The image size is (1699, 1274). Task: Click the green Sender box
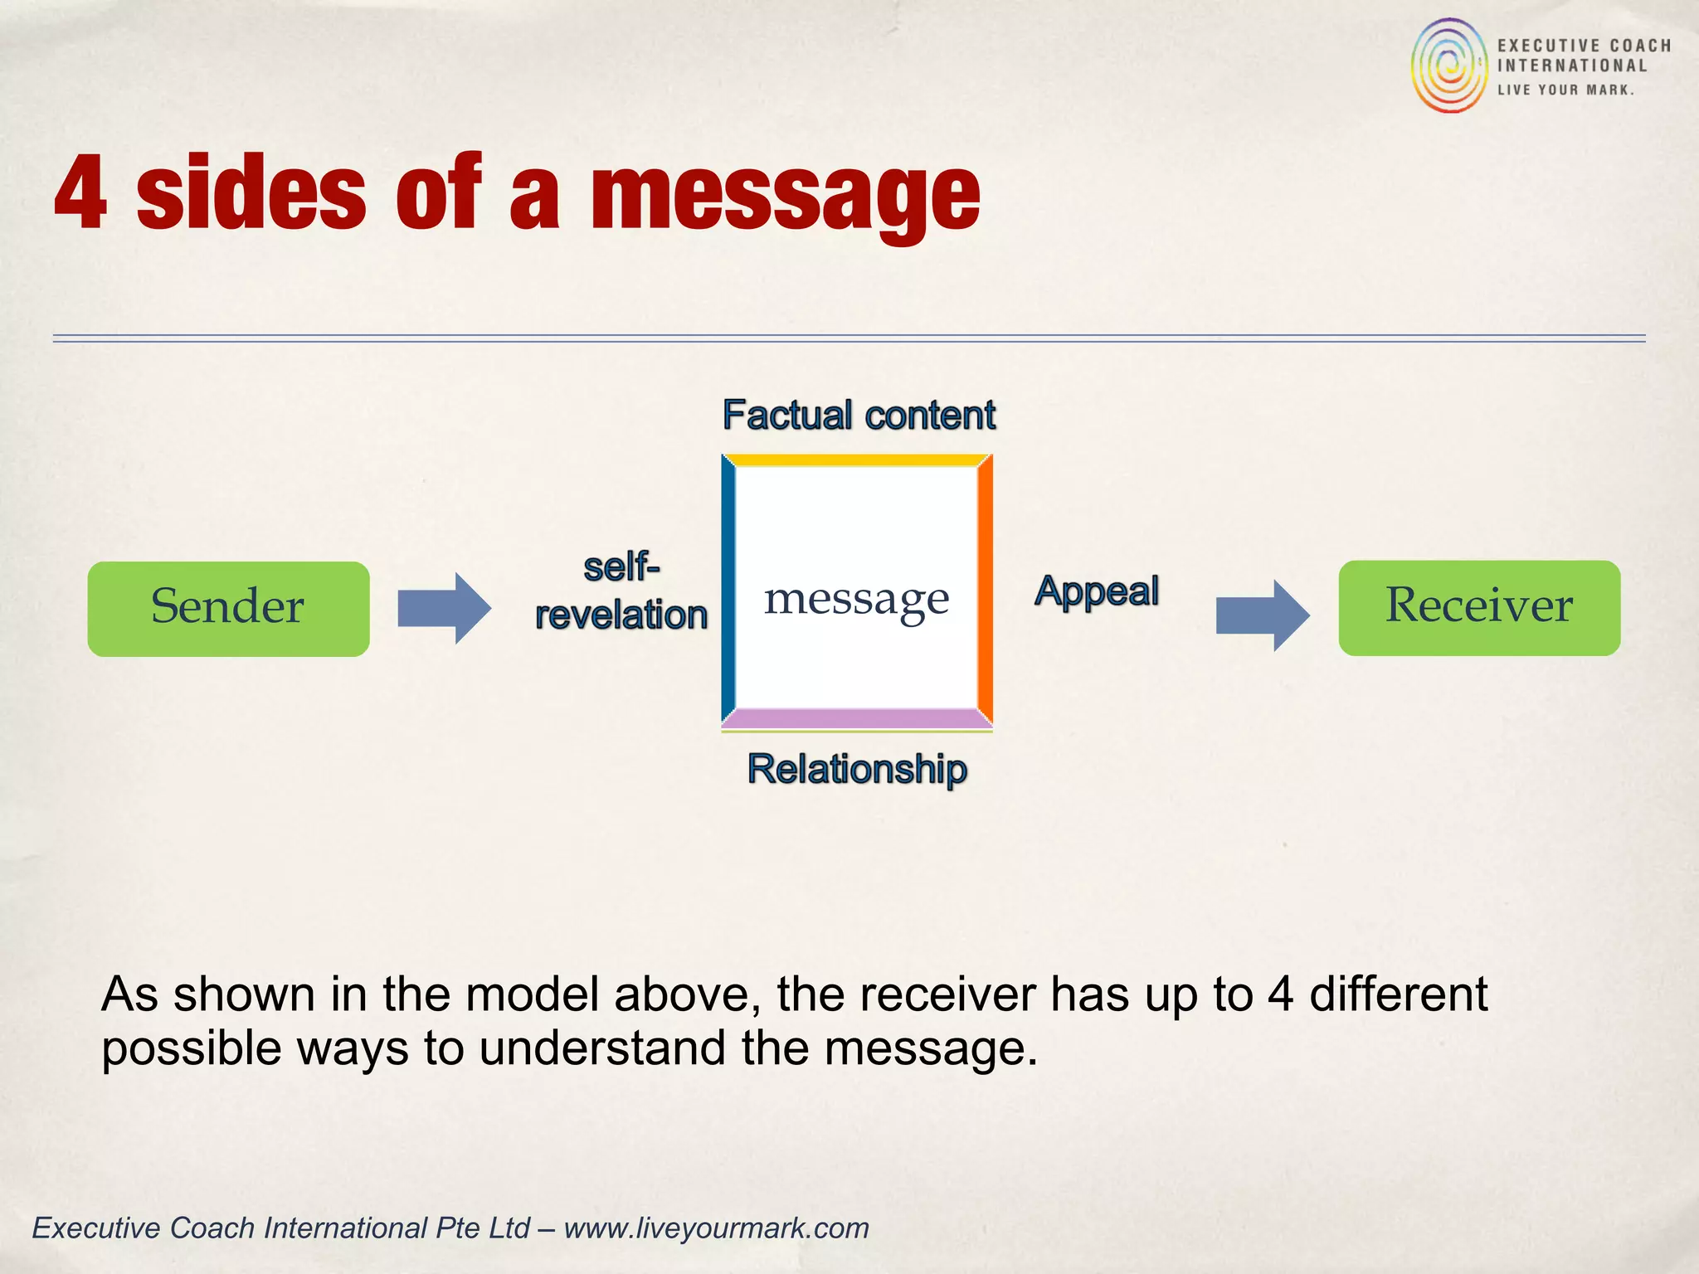pyautogui.click(x=228, y=608)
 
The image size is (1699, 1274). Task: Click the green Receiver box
pyautogui.click(x=1478, y=607)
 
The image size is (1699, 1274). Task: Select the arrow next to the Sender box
pyautogui.click(x=445, y=608)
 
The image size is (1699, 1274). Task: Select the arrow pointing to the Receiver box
pyautogui.click(x=1263, y=615)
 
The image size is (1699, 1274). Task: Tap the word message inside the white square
pyautogui.click(x=856, y=599)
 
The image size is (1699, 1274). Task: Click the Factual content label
pyautogui.click(x=859, y=415)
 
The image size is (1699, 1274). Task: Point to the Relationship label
pyautogui.click(x=857, y=769)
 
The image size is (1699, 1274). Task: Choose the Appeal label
pyautogui.click(x=1096, y=591)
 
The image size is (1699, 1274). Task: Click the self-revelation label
pyautogui.click(x=621, y=591)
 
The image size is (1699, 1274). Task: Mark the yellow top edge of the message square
pyautogui.click(x=856, y=460)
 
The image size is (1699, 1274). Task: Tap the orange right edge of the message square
pyautogui.click(x=985, y=591)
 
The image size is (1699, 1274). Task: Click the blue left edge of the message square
pyautogui.click(x=728, y=591)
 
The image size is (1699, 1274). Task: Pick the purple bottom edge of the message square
pyautogui.click(x=856, y=718)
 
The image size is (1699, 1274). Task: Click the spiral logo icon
pyautogui.click(x=1449, y=66)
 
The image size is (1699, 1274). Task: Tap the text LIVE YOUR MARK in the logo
pyautogui.click(x=1565, y=90)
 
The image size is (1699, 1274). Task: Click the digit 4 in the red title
pyautogui.click(x=80, y=192)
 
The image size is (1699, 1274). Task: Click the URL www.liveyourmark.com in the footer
pyautogui.click(x=716, y=1228)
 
